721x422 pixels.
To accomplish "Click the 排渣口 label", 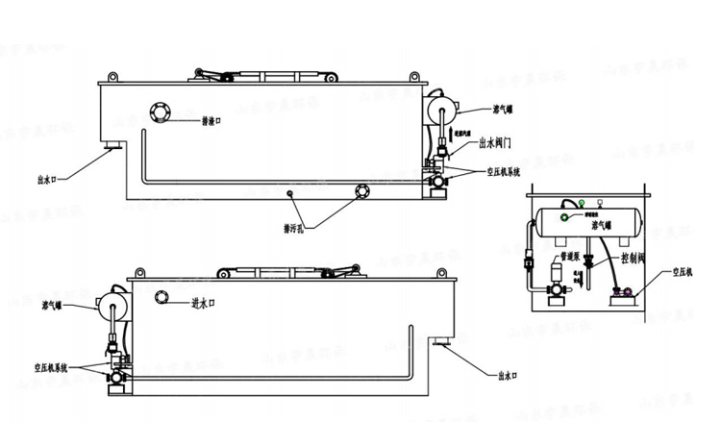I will (213, 122).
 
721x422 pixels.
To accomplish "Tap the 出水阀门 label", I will (493, 144).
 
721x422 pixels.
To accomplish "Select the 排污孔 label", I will (294, 228).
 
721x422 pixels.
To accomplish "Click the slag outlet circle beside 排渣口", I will (161, 112).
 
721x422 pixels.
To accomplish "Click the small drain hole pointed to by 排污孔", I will (289, 192).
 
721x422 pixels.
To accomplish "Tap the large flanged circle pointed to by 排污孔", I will (362, 190).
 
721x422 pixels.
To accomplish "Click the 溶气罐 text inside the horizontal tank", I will (603, 225).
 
